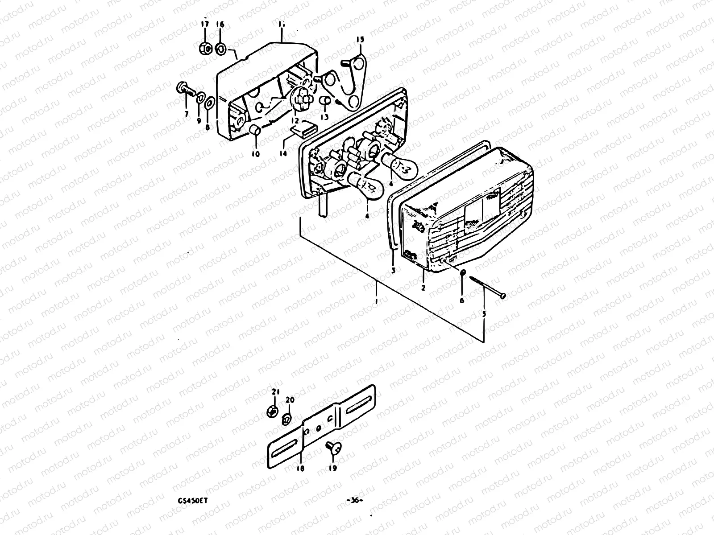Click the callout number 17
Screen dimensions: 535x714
pyautogui.click(x=204, y=25)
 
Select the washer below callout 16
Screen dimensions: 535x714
pyautogui.click(x=220, y=48)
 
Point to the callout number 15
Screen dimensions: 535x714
pyautogui.click(x=360, y=40)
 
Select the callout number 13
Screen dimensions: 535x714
pyautogui.click(x=324, y=117)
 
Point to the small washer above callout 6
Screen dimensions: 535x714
pyautogui.click(x=462, y=273)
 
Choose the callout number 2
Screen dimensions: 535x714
pyautogui.click(x=423, y=288)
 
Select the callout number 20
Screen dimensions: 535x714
pyautogui.click(x=290, y=399)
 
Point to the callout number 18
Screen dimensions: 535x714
pyautogui.click(x=299, y=468)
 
